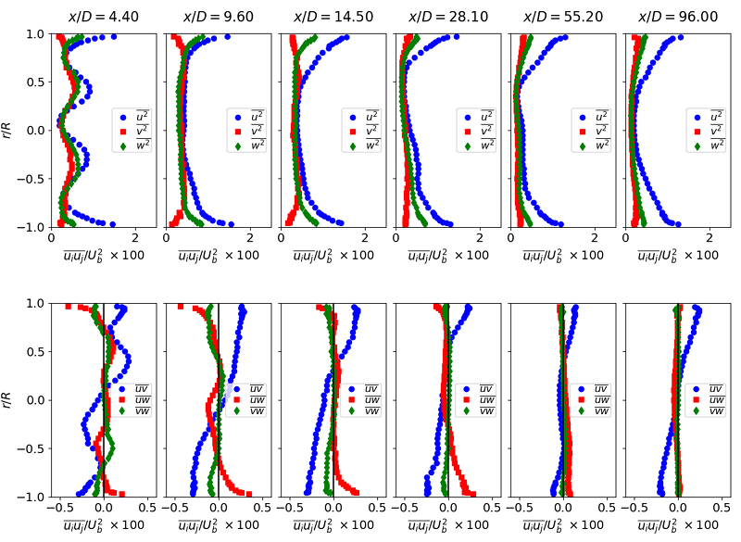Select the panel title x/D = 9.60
[x=218, y=17]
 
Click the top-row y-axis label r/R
[x=14, y=131]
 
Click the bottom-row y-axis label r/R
[x=14, y=400]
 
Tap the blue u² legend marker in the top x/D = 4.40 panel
[x=123, y=117]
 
